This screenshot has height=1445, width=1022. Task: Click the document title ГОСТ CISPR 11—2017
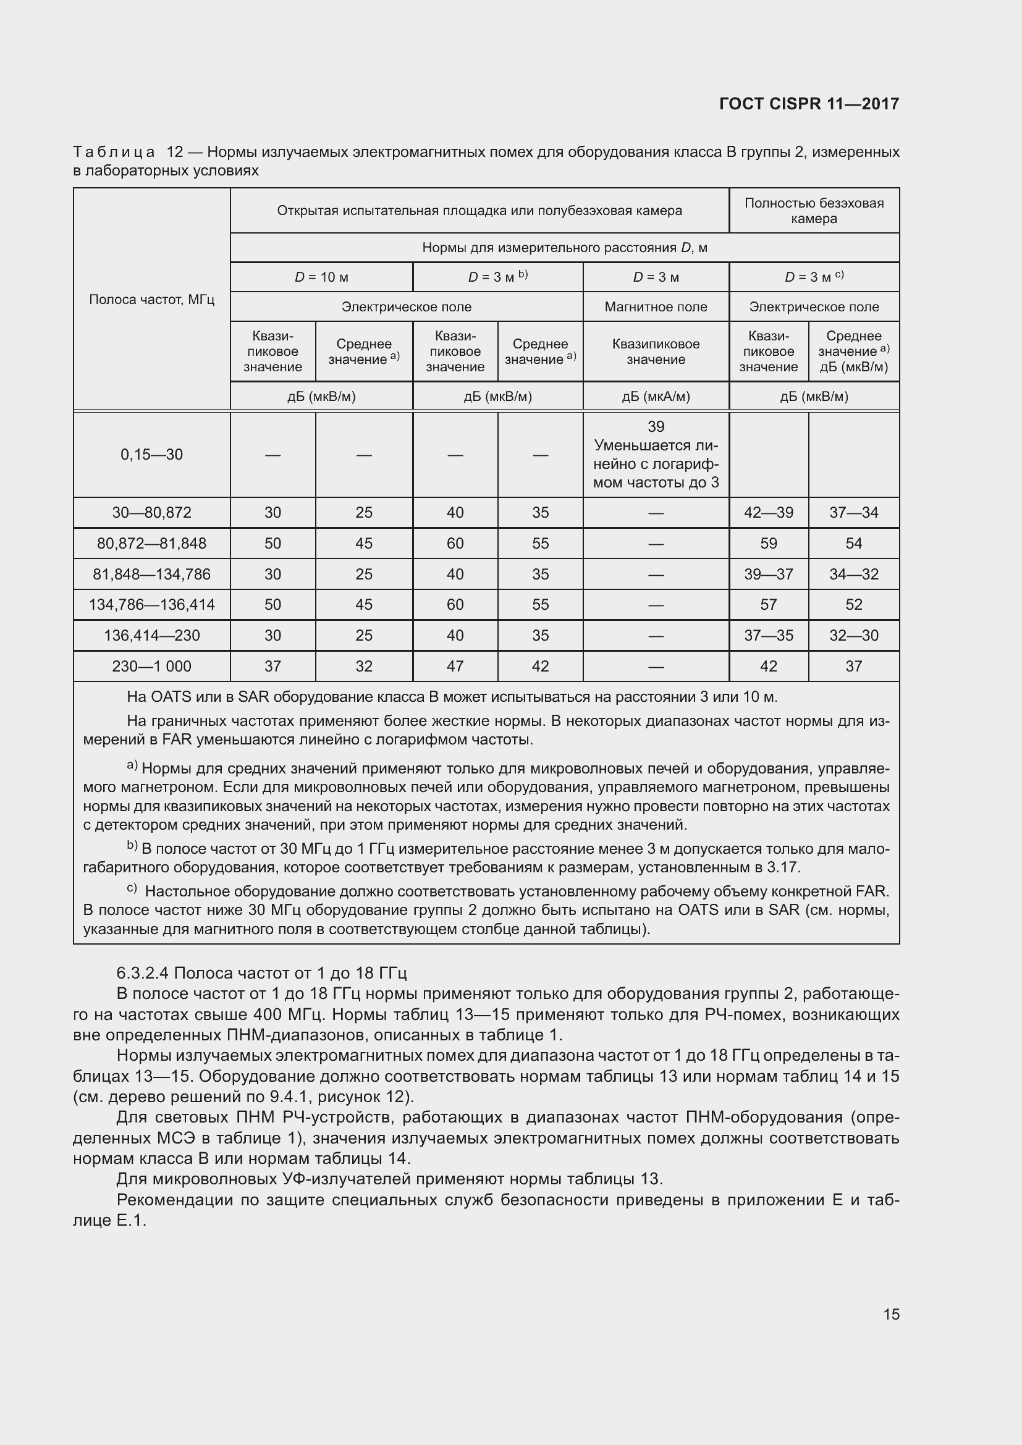tap(809, 104)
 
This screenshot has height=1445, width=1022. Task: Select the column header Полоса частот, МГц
tap(151, 300)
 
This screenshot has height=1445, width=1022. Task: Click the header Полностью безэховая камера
tap(814, 211)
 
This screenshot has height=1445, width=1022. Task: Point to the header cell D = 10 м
tap(321, 277)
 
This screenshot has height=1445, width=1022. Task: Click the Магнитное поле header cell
tap(656, 307)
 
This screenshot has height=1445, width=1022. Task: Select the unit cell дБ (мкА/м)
tap(656, 397)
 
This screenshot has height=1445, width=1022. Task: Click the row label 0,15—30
tap(151, 455)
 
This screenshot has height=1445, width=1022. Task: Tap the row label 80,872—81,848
tap(151, 543)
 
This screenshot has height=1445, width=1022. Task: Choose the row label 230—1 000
tap(151, 666)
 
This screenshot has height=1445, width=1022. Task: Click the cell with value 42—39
tap(769, 512)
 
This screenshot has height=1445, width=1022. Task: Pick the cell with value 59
tap(769, 543)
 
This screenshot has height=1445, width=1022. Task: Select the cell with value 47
tap(455, 666)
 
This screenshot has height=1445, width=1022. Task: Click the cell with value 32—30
tap(853, 635)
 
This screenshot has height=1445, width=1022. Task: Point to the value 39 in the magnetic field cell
tap(656, 427)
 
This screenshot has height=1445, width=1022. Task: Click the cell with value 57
tap(769, 604)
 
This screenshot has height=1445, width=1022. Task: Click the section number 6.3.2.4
tap(142, 974)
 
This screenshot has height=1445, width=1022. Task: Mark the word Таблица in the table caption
tap(114, 153)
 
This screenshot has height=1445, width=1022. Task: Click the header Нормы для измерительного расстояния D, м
tap(565, 248)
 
